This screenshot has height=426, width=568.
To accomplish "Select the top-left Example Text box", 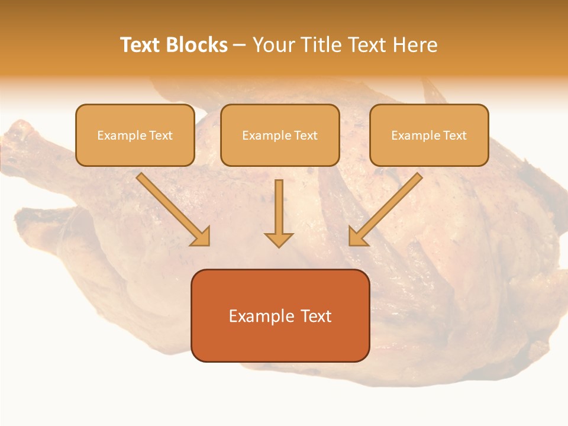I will (135, 135).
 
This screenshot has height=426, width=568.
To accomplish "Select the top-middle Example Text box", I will (280, 135).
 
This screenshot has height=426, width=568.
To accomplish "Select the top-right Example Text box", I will (429, 135).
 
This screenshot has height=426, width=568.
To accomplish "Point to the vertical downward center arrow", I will (279, 207).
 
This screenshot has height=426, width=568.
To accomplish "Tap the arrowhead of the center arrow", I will (279, 240).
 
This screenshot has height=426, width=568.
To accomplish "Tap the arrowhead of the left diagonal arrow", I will (201, 237).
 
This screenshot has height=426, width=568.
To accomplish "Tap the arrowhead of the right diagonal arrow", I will (357, 237).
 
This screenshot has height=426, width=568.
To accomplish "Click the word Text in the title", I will (141, 45).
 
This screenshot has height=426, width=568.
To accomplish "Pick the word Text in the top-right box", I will (454, 135).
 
